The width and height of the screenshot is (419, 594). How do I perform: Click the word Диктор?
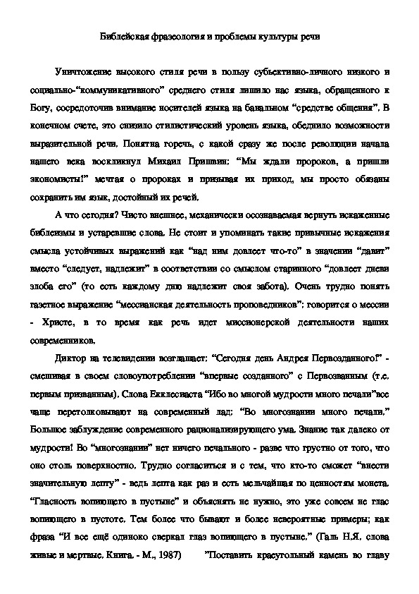pyautogui.click(x=83, y=367)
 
